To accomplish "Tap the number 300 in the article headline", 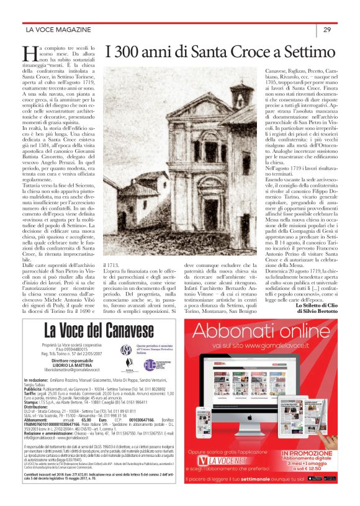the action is tap(131, 51).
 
